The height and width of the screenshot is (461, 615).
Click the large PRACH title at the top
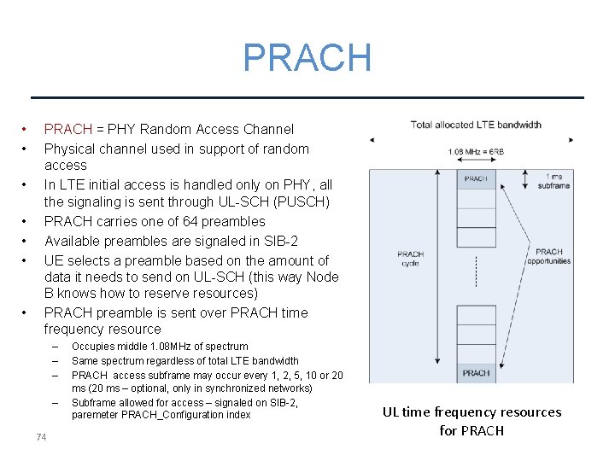coord(307,58)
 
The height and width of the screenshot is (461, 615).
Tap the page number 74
coord(41,438)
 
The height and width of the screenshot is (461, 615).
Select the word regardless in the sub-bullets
coord(169,361)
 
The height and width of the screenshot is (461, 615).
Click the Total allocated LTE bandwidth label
coord(476,125)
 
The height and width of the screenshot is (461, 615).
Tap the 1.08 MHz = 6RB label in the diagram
coord(476,152)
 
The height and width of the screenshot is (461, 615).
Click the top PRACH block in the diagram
coord(476,179)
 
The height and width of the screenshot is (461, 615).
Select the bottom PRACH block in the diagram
coord(476,373)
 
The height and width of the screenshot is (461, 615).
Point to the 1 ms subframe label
coord(553,181)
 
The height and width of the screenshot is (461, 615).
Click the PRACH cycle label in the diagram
coord(410,258)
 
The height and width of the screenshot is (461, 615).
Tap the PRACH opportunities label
coord(549,256)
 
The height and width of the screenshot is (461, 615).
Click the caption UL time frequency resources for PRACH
coord(471,421)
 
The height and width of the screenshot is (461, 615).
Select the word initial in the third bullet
coord(114,184)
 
